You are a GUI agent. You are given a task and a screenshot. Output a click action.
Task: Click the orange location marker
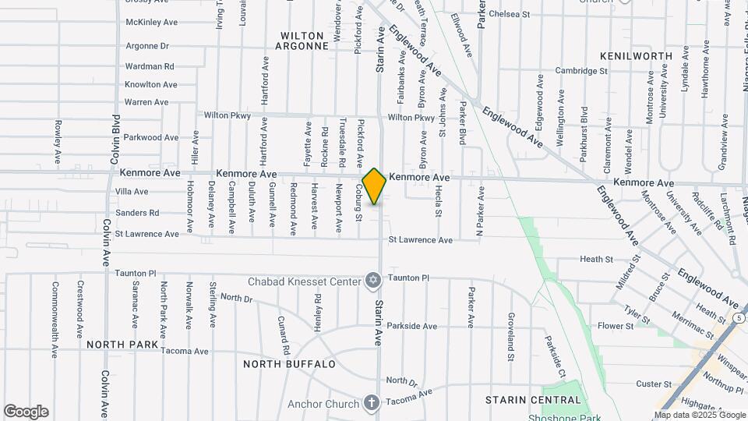pos(374,186)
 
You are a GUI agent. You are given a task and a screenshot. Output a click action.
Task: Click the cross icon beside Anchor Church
pos(372,403)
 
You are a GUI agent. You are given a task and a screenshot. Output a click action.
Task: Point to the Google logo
pos(26,412)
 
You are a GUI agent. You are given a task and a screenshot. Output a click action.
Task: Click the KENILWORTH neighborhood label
pos(636,57)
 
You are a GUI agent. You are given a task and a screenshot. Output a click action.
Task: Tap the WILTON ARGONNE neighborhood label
pos(304,41)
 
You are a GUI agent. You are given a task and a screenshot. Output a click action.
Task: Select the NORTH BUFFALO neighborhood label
pos(289,364)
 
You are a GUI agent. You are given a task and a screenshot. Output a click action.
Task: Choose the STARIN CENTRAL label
pos(533,400)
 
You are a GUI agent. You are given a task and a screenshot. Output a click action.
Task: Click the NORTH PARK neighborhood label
pos(122,344)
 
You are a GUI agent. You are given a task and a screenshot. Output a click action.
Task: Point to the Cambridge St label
pos(581,71)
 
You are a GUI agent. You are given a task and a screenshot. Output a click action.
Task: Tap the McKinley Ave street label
pos(152,22)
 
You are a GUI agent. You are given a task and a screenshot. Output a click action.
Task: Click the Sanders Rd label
pos(137,213)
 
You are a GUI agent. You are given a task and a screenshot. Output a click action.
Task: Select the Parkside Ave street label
pos(412,326)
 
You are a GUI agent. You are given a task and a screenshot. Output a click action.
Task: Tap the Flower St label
pos(616,326)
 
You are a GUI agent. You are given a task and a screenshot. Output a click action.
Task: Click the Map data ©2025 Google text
pos(699,415)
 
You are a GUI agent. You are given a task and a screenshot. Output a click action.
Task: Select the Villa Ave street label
pos(132,192)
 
